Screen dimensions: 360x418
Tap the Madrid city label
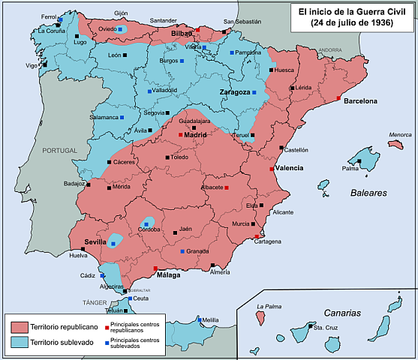195,135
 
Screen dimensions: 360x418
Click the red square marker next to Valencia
272,169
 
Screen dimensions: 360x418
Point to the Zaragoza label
234,92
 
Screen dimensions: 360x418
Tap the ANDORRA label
329,49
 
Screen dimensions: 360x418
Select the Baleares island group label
368,193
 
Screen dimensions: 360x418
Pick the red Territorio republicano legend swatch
20,327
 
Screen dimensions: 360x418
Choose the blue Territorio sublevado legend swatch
20,343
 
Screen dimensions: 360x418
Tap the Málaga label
169,276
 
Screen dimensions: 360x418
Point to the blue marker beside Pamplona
232,53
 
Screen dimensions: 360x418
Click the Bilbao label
182,34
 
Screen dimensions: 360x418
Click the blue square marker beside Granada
182,251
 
